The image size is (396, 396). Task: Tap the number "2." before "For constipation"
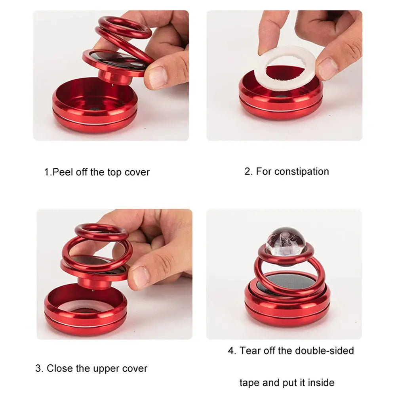[x=248, y=171]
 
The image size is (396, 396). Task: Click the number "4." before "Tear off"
[x=232, y=351]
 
